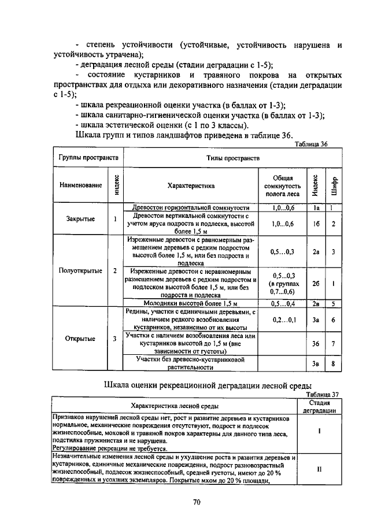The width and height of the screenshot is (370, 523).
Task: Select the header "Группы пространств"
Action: pos(88,157)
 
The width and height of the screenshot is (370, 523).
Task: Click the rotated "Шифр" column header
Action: pos(334,186)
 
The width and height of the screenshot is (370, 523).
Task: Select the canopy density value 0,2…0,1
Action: pos(283,320)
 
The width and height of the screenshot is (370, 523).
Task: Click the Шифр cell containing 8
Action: pos(334,363)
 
